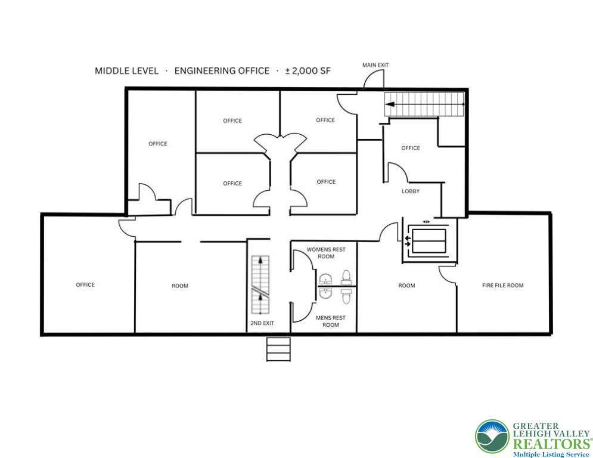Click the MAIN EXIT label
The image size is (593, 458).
pyautogui.click(x=375, y=65)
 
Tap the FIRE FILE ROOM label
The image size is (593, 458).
pyautogui.click(x=502, y=286)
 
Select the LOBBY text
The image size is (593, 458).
pyautogui.click(x=411, y=191)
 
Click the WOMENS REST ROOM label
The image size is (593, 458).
pyautogui.click(x=326, y=253)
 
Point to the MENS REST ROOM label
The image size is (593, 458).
pyautogui.click(x=331, y=321)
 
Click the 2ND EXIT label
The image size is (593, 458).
pyautogui.click(x=262, y=323)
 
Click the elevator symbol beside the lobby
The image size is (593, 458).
pyautogui.click(x=429, y=241)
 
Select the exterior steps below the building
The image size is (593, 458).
pyautogui.click(x=278, y=349)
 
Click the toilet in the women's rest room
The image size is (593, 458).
pyautogui.click(x=346, y=277)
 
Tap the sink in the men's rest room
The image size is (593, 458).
pyautogui.click(x=325, y=293)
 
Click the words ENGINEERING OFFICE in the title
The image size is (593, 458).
pyautogui.click(x=222, y=71)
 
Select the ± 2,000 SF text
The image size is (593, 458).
pyautogui.click(x=308, y=71)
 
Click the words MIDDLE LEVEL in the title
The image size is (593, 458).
pyautogui.click(x=126, y=71)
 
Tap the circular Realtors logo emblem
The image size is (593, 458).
pyautogui.click(x=492, y=437)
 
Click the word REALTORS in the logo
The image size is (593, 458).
pyautogui.click(x=551, y=444)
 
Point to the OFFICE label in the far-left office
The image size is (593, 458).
pyautogui.click(x=85, y=284)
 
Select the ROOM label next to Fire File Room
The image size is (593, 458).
pyautogui.click(x=406, y=286)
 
